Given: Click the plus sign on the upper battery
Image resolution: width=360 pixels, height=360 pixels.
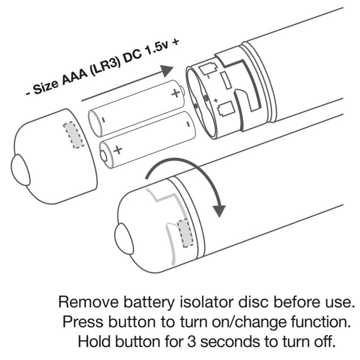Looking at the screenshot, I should pyautogui.click(x=176, y=93).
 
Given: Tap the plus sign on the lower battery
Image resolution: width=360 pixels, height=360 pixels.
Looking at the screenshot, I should pyautogui.click(x=118, y=150).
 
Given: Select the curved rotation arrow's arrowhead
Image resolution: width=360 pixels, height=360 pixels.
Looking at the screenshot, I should pyautogui.click(x=219, y=208).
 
